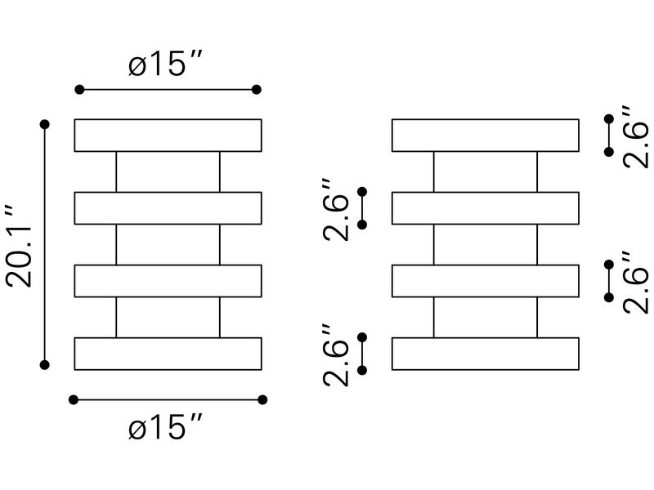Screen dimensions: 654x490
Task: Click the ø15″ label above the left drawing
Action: click(x=166, y=64)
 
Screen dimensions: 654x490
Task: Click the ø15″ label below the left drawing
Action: click(x=166, y=426)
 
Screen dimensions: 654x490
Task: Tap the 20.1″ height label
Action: click(x=20, y=247)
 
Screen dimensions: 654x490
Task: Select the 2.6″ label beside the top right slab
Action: click(x=636, y=136)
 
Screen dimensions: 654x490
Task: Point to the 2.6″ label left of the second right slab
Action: click(x=336, y=210)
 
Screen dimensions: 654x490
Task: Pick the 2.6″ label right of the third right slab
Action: click(x=636, y=282)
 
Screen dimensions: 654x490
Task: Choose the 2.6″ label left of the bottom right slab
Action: click(x=336, y=355)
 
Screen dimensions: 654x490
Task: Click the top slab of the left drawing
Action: click(x=168, y=136)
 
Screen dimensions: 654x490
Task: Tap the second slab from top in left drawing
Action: click(x=168, y=208)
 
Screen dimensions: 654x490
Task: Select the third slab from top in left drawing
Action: click(x=168, y=281)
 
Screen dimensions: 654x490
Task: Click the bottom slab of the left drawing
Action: click(x=168, y=354)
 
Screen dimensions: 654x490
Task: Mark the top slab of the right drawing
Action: click(x=486, y=136)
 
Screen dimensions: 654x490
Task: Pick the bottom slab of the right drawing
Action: click(x=486, y=354)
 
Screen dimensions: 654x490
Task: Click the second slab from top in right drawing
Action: click(x=486, y=208)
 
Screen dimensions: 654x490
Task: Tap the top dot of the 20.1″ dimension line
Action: click(x=45, y=124)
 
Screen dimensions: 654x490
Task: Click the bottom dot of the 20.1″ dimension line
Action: click(x=45, y=365)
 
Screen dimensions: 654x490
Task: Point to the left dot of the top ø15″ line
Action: click(x=79, y=90)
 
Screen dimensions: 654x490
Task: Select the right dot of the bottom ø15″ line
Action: click(x=262, y=400)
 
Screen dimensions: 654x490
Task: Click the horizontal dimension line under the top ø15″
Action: click(x=168, y=90)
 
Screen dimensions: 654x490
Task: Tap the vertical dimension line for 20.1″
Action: click(x=45, y=244)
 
